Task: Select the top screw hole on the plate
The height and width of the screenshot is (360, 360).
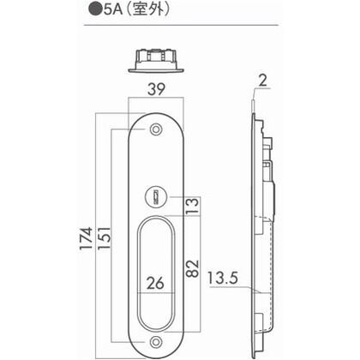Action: coord(155,130)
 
